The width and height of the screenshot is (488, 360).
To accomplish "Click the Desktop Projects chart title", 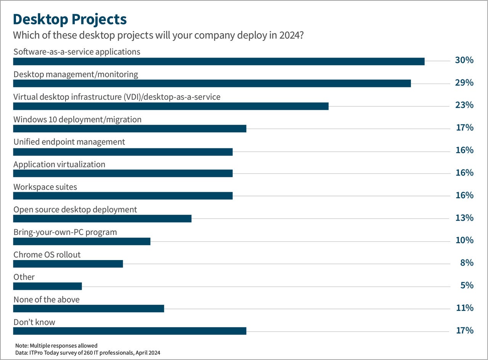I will pos(70,19).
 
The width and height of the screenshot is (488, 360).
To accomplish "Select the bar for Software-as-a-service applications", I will pos(219,61).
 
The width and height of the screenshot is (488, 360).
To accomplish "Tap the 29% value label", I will pos(464,83).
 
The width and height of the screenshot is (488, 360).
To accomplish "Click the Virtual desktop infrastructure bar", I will pos(171,106).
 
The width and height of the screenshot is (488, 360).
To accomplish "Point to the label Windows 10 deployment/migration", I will pos(77,119).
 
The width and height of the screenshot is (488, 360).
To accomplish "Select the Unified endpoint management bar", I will pos(123,152).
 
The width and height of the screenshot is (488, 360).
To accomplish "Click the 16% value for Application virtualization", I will pos(464,173).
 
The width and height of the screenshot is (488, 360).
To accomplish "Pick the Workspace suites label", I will pos(45,187).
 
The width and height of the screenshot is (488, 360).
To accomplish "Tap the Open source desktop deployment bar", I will pos(102,219).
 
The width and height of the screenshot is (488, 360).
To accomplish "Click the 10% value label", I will pos(464,240).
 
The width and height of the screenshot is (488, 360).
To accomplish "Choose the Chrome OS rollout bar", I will pos(68,264).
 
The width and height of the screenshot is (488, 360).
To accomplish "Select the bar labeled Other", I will pos(48,286).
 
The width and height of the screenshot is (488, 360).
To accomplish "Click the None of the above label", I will pos(47,299).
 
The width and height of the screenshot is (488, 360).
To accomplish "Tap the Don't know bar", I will pos(130,331).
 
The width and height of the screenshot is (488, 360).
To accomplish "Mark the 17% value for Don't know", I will pos(464,330).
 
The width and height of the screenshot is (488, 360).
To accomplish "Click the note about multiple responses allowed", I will pos(56,346).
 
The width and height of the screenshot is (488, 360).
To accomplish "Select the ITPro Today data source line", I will pos(88,353).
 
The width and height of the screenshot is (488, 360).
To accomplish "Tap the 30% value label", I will pos(464,60).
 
